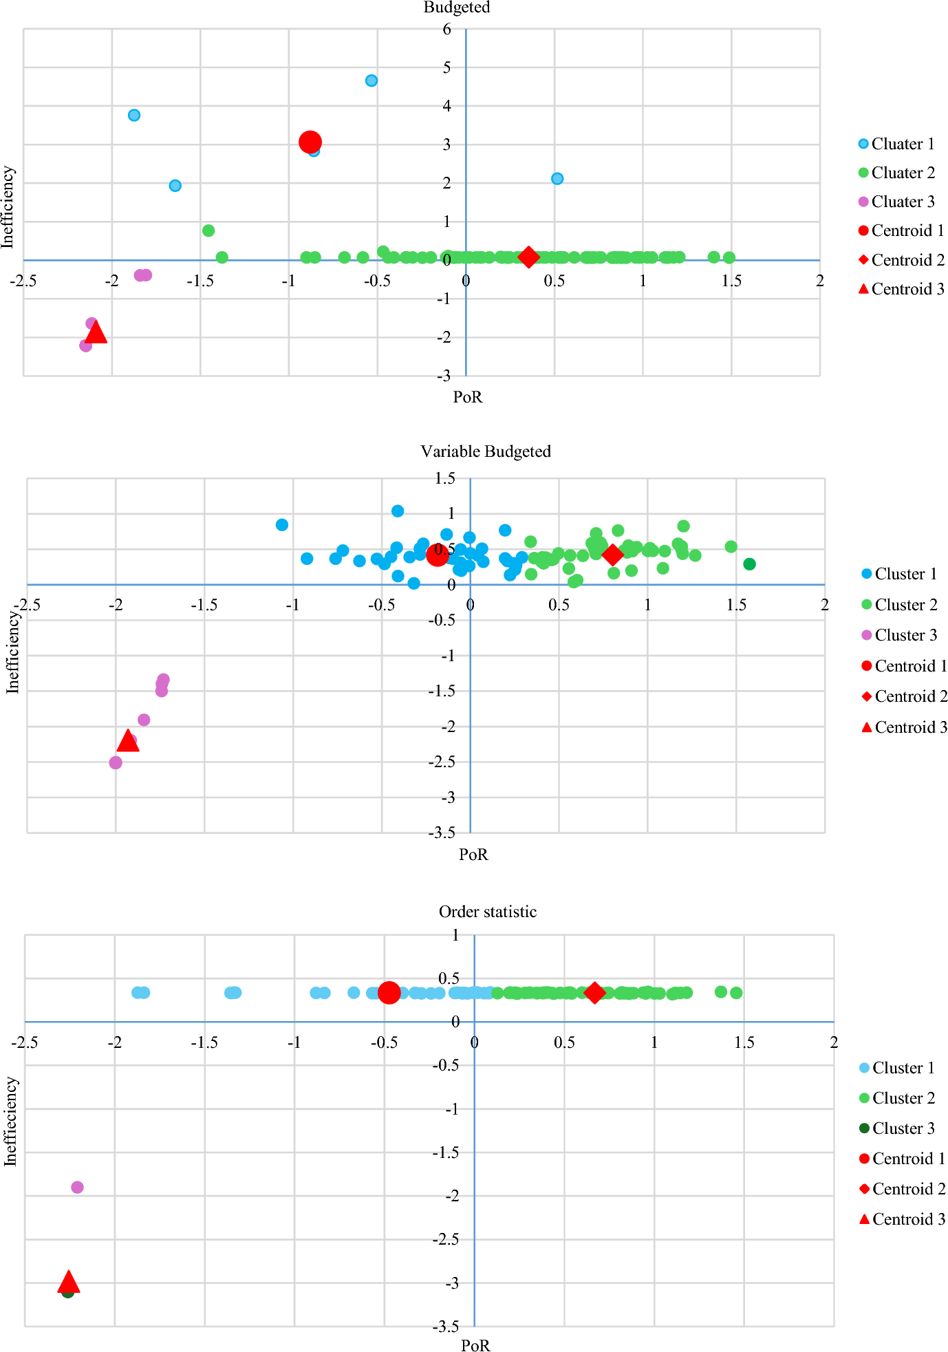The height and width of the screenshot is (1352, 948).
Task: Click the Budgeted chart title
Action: pos(457,8)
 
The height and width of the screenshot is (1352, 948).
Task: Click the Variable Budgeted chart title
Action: pos(486,451)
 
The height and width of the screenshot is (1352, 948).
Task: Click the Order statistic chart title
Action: pos(488,912)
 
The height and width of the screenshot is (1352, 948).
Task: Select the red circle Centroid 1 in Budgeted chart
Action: pos(310,142)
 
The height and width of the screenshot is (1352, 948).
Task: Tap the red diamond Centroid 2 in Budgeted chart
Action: pos(528,257)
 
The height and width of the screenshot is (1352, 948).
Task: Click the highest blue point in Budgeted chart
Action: pos(371,81)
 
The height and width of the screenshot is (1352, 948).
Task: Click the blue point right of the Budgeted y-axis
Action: pos(557,179)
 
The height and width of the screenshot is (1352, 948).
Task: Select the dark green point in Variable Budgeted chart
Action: pos(750,564)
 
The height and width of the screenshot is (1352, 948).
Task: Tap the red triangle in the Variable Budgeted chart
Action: pos(128,741)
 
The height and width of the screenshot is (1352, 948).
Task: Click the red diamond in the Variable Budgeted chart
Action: pos(612,555)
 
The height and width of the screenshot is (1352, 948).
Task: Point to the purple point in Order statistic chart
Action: pos(77,1187)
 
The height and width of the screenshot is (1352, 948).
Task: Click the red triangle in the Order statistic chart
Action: pos(68,1282)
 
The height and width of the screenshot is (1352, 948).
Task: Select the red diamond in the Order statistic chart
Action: pos(594,993)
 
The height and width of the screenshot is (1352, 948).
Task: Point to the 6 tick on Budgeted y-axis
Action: pos(447,29)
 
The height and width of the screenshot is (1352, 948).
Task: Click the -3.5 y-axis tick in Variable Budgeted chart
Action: pos(441,833)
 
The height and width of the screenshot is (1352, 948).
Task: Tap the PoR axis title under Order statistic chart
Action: pos(475,1345)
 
